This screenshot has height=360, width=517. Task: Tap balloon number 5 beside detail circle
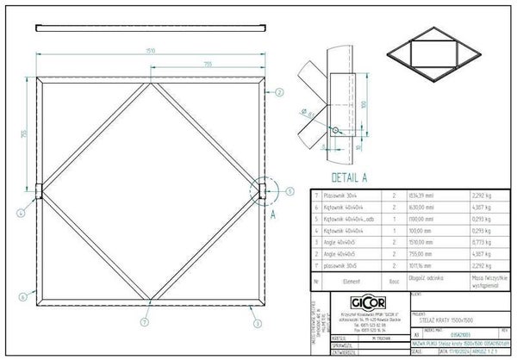(x=290, y=191)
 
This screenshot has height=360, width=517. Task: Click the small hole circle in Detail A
(x=333, y=131)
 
